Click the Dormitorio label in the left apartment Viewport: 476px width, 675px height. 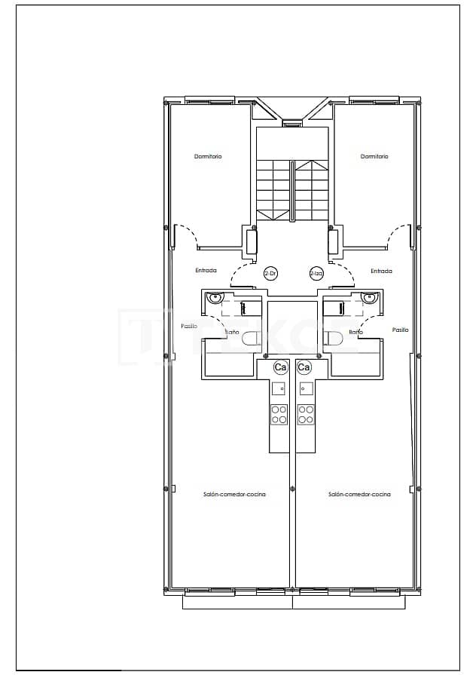tap(208, 157)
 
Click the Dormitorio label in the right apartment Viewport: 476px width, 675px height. tap(374, 157)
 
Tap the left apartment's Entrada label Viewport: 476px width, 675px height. tap(206, 271)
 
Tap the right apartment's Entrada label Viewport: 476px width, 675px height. tap(381, 271)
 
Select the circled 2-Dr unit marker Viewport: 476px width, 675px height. tap(270, 274)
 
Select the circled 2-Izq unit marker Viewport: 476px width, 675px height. tap(316, 274)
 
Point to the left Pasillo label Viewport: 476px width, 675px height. tap(189, 327)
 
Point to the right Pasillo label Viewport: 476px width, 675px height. tap(400, 330)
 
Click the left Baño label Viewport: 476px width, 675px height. tap(233, 332)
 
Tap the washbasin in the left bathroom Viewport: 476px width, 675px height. tap(215, 298)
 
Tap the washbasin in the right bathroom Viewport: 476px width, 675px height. tap(368, 298)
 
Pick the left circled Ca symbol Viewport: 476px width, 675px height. tap(280, 367)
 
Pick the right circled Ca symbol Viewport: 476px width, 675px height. tap(304, 367)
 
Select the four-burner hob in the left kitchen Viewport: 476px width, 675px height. tap(279, 414)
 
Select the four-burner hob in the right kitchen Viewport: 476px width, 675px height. tap(306, 414)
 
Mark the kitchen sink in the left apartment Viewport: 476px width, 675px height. tap(279, 389)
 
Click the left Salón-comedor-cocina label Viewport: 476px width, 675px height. tap(234, 495)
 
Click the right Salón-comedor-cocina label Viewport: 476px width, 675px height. tap(359, 495)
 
